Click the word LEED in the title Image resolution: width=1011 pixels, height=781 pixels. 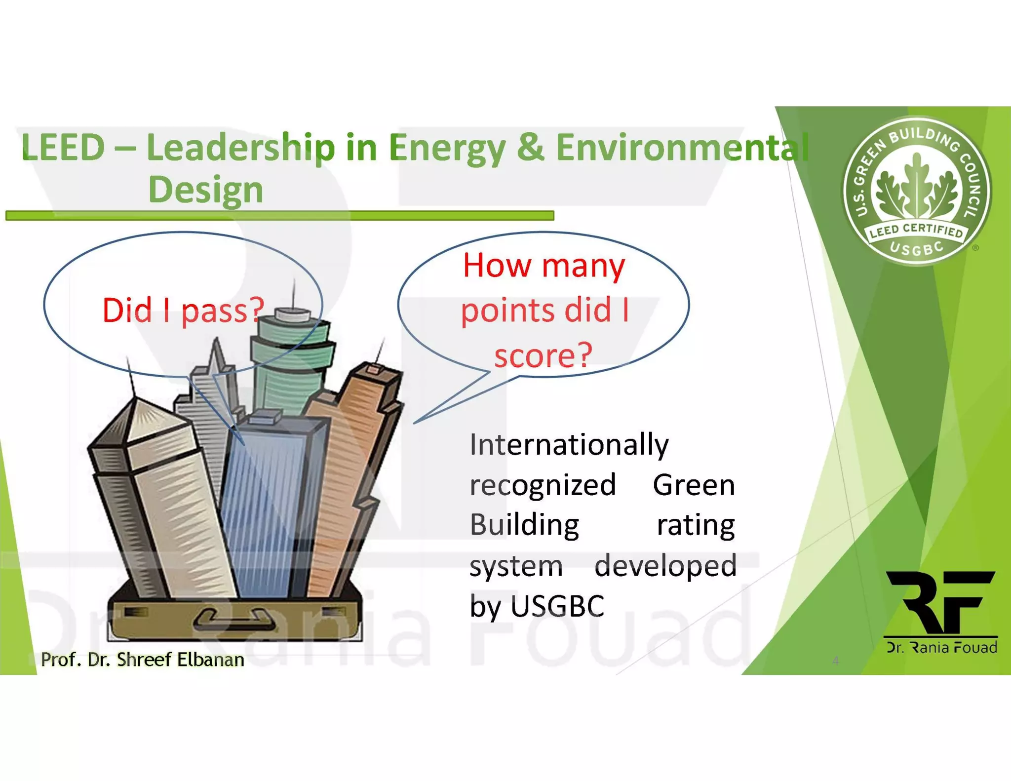point(63,148)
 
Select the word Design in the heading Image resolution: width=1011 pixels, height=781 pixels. point(206,190)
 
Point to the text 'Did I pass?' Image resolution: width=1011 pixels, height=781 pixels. point(183,311)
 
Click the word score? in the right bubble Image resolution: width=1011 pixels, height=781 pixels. point(543,355)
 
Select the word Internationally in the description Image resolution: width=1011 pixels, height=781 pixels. point(569,444)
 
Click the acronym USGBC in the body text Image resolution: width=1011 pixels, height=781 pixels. point(557,606)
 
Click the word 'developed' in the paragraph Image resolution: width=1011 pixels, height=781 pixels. point(665,566)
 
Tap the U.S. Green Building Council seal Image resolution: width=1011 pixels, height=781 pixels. point(917,192)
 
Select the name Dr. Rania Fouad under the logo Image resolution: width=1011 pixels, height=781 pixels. point(941,647)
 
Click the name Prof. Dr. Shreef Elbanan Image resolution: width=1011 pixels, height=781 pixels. point(143,660)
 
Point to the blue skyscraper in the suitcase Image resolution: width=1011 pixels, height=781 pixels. point(269,504)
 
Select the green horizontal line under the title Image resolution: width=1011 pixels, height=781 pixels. point(279,216)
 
